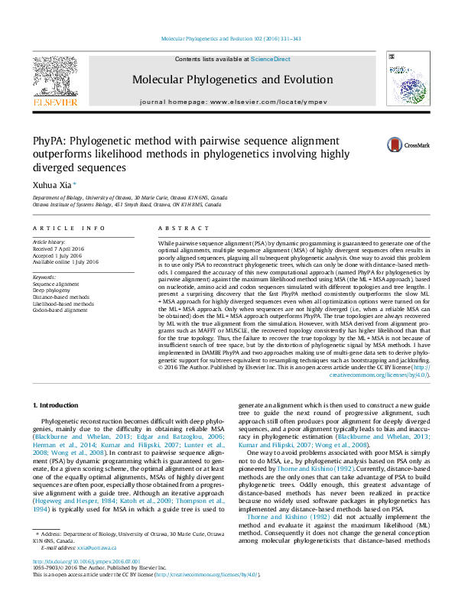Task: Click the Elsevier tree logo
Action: tap(54, 76)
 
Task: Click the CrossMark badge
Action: tap(386, 144)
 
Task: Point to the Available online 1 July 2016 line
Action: tap(66, 262)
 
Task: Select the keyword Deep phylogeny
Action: tap(53, 290)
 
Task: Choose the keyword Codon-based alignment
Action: tap(60, 310)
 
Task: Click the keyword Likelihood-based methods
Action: tap(63, 303)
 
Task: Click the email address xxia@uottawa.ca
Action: tap(96, 569)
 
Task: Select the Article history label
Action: tap(50, 242)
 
